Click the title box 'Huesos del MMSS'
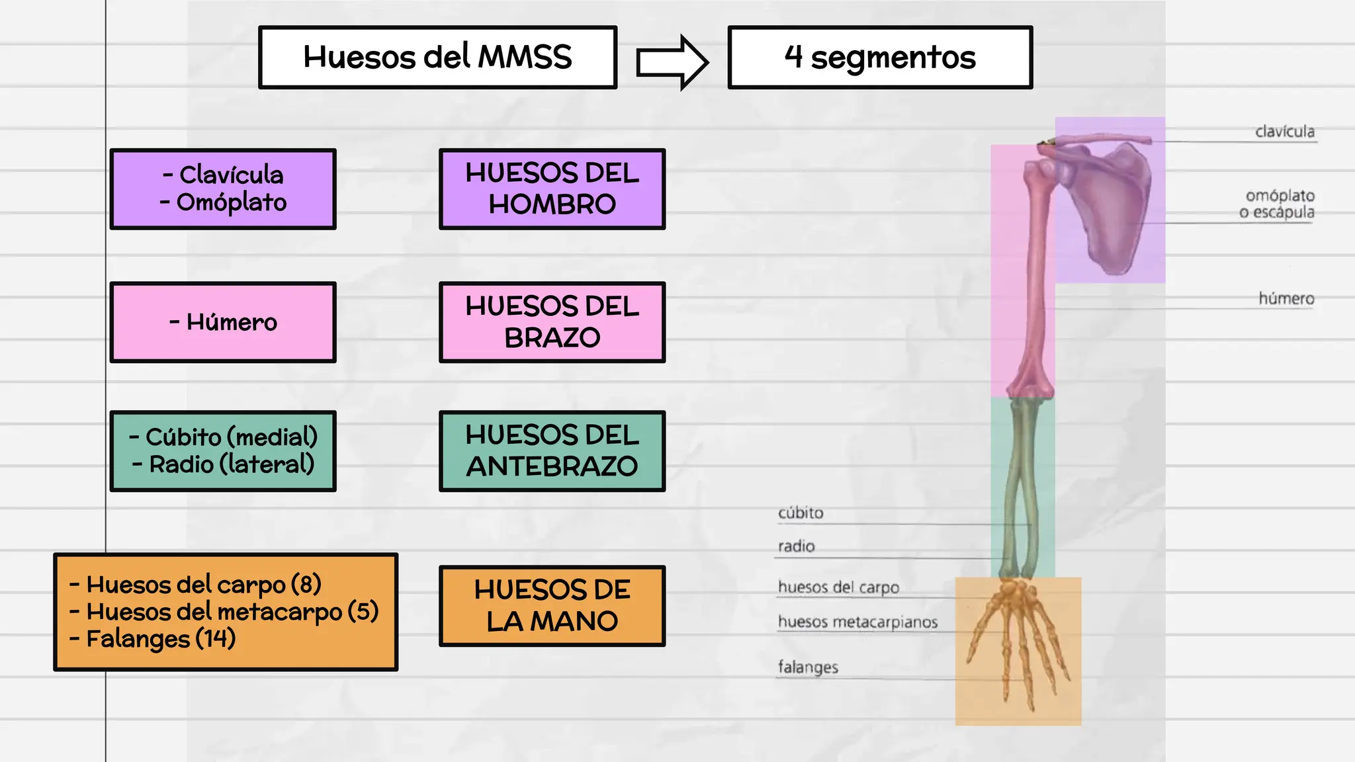pos(437,58)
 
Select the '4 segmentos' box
pos(880,58)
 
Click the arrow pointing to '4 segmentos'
pos(672,63)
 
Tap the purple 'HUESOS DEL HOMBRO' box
pos(552,189)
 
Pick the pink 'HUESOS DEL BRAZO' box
pos(552,322)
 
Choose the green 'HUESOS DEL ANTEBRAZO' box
pos(552,451)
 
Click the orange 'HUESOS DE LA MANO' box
pos(552,606)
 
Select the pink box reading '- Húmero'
pos(223,322)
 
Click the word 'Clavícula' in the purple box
pos(232,175)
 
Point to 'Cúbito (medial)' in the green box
pos(232,437)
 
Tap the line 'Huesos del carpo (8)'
pos(204,585)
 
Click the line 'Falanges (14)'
pos(161,639)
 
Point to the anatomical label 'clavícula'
pos(1285,132)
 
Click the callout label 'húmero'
pos(1286,299)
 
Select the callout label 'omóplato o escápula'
pos(1277,204)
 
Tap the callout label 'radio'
pos(796,546)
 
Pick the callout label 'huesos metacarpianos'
pos(857,622)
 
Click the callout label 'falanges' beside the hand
pos(808,667)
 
